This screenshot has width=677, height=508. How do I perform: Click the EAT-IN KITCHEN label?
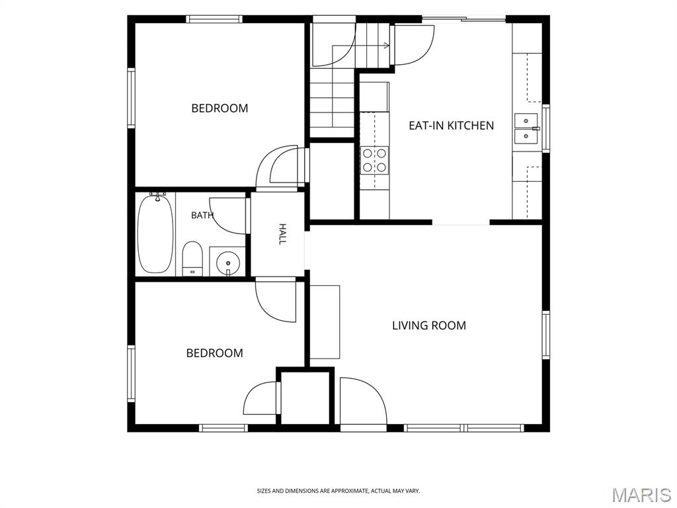pyautogui.click(x=451, y=126)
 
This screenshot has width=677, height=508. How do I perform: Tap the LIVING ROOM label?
pyautogui.click(x=429, y=325)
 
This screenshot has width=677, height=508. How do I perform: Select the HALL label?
pyautogui.click(x=282, y=234)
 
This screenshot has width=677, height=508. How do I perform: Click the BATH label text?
pyautogui.click(x=202, y=215)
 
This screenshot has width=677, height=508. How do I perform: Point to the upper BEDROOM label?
pyautogui.click(x=219, y=108)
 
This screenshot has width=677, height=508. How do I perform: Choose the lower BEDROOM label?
pyautogui.click(x=215, y=353)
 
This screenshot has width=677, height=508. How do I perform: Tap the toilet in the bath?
pyautogui.click(x=192, y=259)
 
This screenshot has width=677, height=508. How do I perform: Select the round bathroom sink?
pyautogui.click(x=227, y=262)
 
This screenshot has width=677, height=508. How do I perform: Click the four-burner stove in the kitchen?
pyautogui.click(x=375, y=160)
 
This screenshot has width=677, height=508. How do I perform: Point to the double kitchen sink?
pyautogui.click(x=526, y=128)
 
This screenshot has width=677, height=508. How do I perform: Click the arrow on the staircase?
pyautogui.click(x=361, y=45)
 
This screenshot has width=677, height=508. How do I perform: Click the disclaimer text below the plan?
pyautogui.click(x=338, y=491)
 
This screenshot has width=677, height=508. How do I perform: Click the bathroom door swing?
pyautogui.click(x=227, y=214)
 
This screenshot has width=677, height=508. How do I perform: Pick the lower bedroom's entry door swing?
pyautogui.click(x=276, y=302)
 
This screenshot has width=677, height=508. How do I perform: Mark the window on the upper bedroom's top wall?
pyautogui.click(x=214, y=19)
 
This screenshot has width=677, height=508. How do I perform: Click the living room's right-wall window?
pyautogui.click(x=545, y=335)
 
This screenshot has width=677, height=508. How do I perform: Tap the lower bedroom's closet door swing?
pyautogui.click(x=260, y=398)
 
